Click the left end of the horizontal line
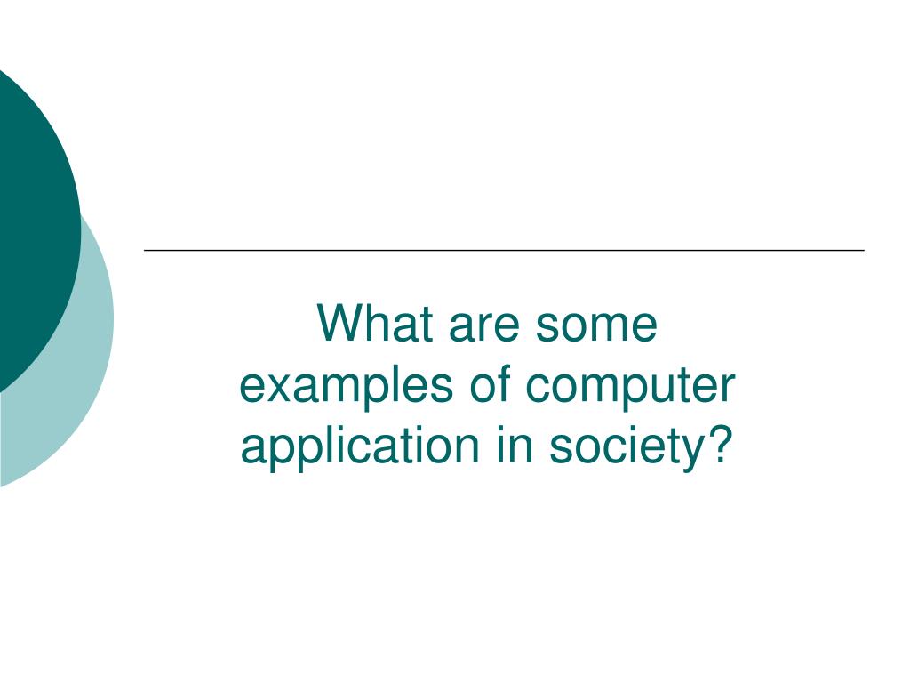(x=146, y=250)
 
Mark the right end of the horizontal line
(x=863, y=250)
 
